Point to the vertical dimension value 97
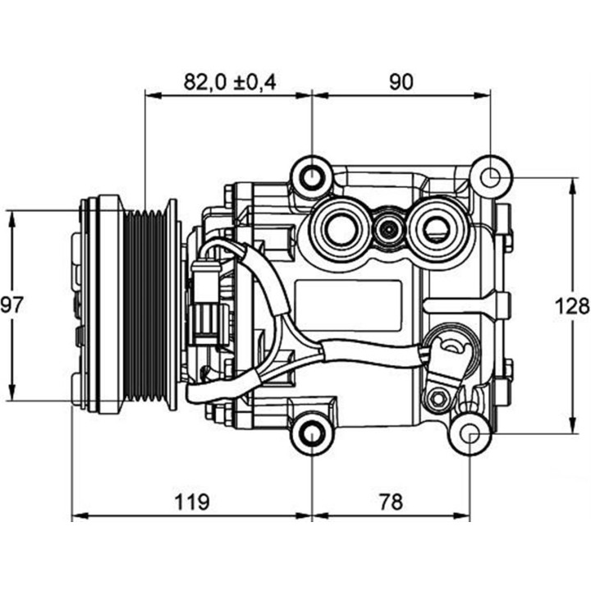click(11, 305)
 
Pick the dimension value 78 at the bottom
click(392, 501)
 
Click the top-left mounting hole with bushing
click(312, 176)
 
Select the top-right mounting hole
click(490, 176)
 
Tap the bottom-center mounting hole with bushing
click(312, 433)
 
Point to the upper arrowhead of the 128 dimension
click(571, 181)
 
